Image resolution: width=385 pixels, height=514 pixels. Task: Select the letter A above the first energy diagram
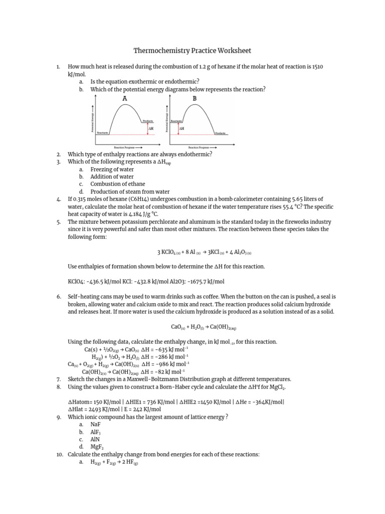click(x=125, y=98)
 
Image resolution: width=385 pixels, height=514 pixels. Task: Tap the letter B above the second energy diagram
click(x=195, y=98)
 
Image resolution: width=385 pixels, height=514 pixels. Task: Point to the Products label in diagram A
click(x=148, y=121)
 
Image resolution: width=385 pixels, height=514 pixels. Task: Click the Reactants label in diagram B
click(x=176, y=121)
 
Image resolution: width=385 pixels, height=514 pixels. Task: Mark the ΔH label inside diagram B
click(x=182, y=128)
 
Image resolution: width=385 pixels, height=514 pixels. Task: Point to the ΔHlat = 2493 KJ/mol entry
click(x=94, y=409)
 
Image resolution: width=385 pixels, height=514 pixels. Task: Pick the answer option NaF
click(x=96, y=424)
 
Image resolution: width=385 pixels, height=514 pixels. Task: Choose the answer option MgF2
click(x=97, y=447)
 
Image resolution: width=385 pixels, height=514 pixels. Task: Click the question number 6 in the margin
click(x=59, y=297)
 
